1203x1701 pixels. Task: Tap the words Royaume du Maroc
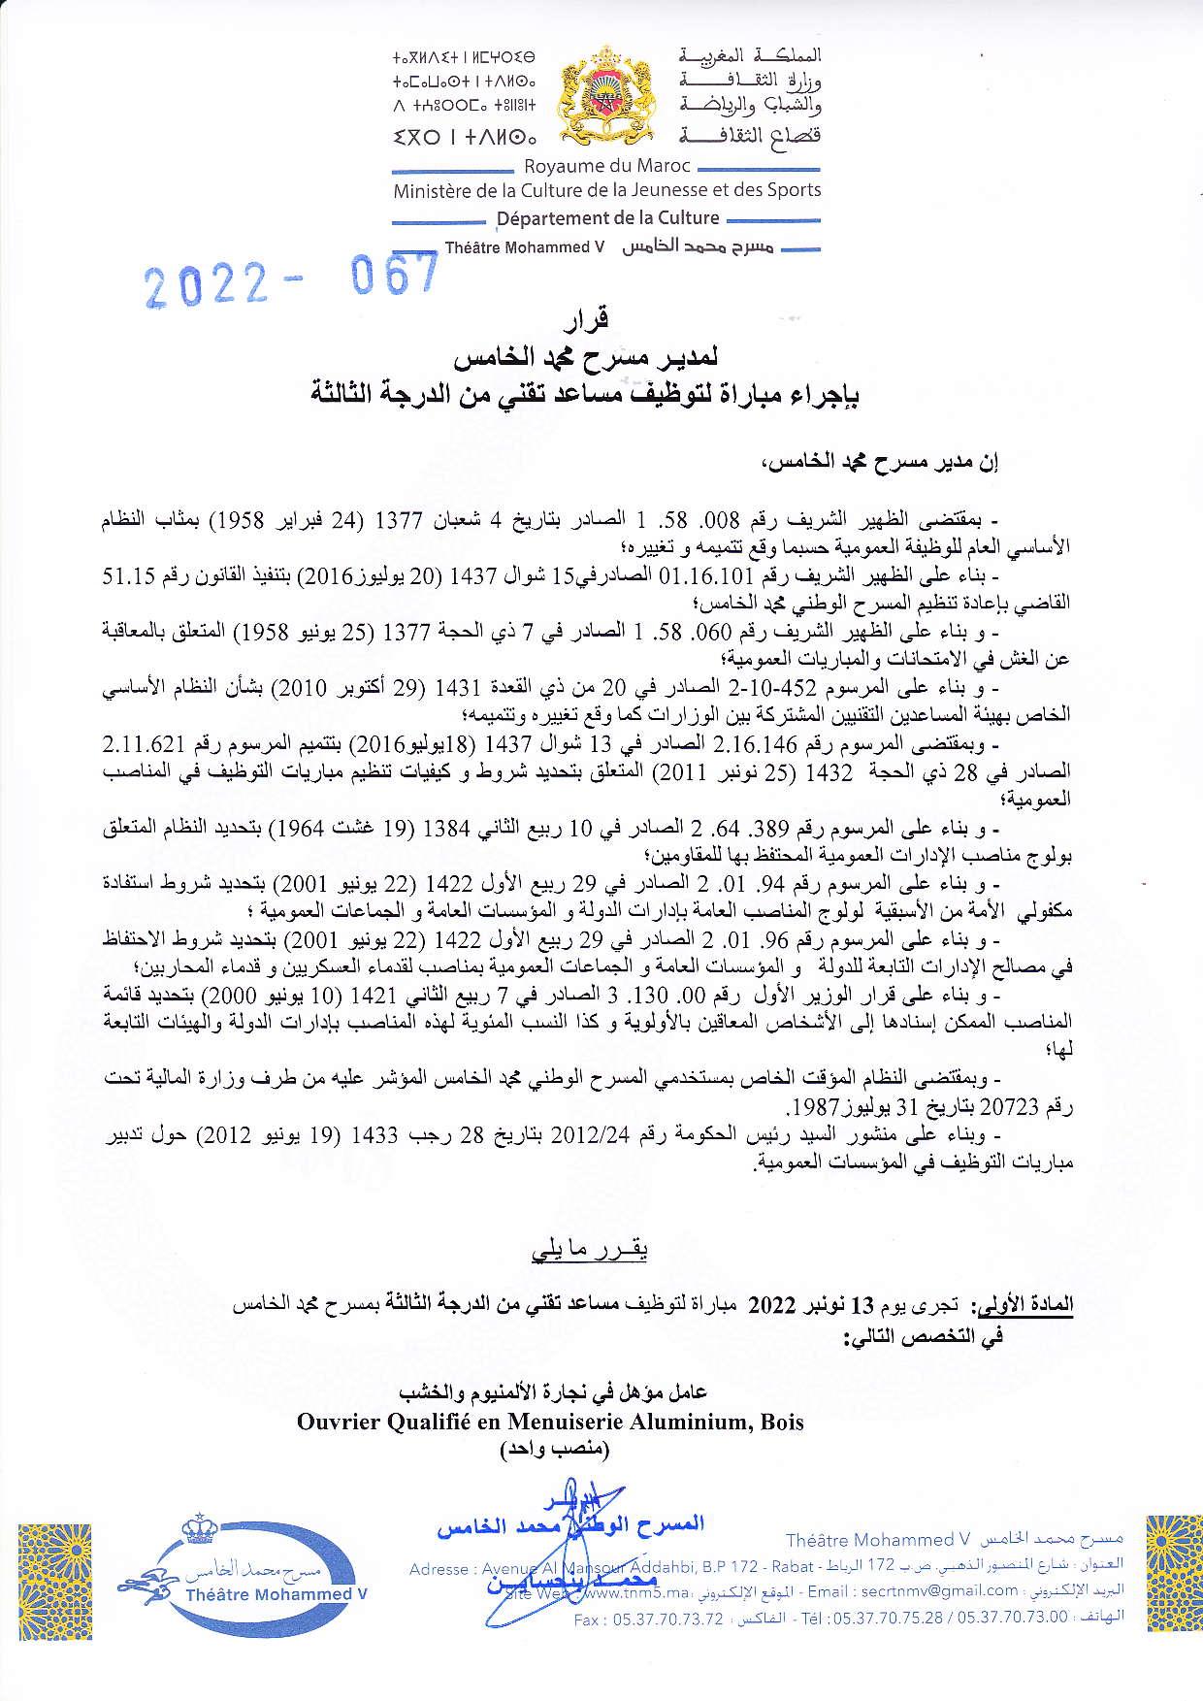[x=606, y=168]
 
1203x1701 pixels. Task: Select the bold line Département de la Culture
[x=607, y=218]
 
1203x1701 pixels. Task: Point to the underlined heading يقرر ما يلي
[x=588, y=1248]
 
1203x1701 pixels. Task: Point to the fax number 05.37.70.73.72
[x=663, y=1619]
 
